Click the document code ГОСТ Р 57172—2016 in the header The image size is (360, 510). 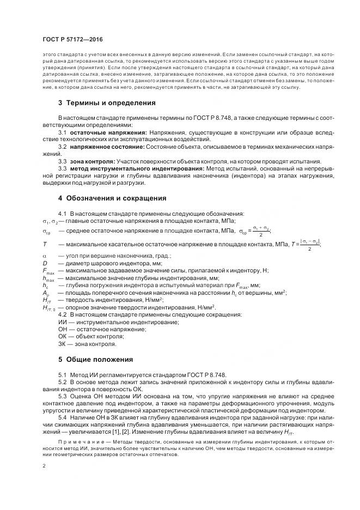coord(72,39)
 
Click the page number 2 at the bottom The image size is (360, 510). coord(44,466)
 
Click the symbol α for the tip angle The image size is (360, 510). coord(45,256)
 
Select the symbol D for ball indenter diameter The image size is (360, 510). coord(45,263)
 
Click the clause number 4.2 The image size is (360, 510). coord(62,315)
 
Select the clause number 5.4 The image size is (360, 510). coord(62,417)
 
